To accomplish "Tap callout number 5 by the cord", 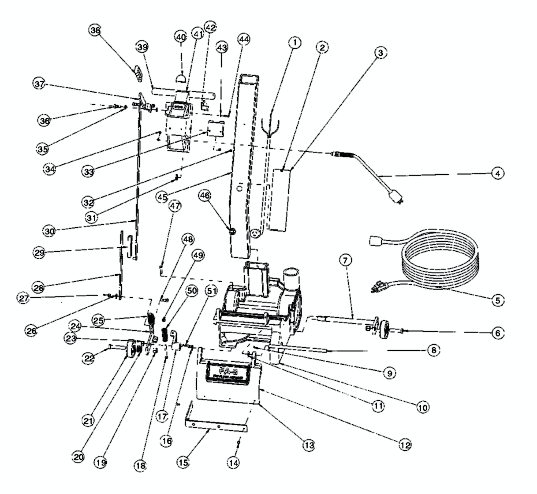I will click(497, 300).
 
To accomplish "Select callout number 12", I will click(405, 445).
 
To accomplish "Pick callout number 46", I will click(205, 195).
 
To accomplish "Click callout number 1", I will click(295, 43).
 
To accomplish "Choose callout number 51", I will click(212, 291).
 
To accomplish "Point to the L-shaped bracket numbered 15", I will click(214, 425).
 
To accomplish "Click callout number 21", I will click(88, 421).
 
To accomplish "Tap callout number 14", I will click(234, 463).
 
